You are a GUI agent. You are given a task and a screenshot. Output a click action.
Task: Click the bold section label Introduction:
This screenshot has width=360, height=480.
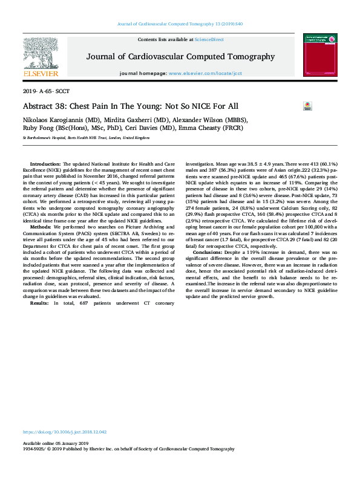[45, 164]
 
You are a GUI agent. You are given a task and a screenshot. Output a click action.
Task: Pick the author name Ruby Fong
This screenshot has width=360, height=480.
[37, 128]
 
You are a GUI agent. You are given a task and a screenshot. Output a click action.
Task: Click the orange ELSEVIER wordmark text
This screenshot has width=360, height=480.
[41, 74]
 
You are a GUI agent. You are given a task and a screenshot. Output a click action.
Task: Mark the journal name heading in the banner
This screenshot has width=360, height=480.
[180, 57]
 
